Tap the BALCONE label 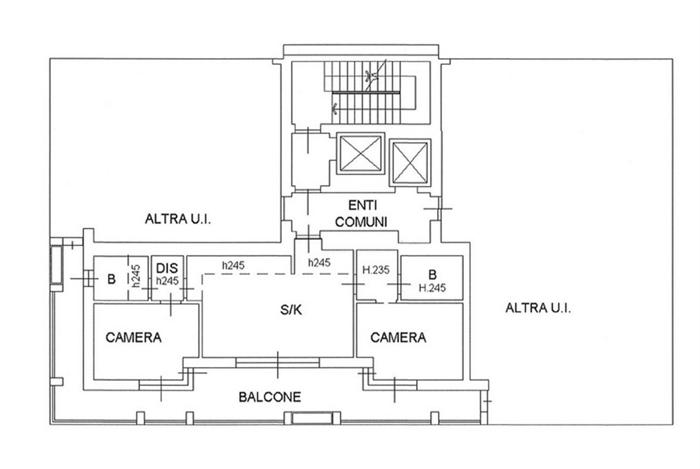tap(270, 397)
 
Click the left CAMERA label tap(134, 338)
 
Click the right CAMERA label tap(399, 338)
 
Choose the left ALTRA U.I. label tap(178, 220)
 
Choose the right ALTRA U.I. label tap(538, 308)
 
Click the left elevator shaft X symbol tap(360, 152)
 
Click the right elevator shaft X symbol tap(410, 161)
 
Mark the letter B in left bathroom tap(110, 279)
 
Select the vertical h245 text tap(135, 276)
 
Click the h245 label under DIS tap(166, 281)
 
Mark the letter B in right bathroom tap(432, 274)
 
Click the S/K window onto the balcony tap(278, 363)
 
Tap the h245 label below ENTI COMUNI tap(319, 263)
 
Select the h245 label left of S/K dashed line tap(233, 265)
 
